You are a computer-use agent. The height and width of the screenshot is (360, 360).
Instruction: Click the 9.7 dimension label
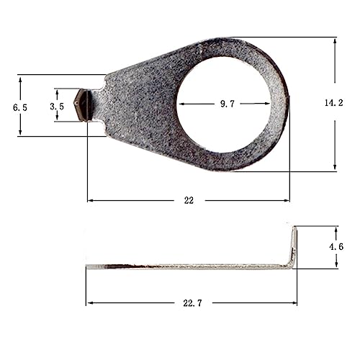click(228, 104)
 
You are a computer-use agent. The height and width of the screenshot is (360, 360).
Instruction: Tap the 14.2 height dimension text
click(334, 103)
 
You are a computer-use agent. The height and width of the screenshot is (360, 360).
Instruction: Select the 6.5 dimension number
click(20, 107)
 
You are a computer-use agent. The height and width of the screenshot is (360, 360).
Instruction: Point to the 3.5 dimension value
click(57, 107)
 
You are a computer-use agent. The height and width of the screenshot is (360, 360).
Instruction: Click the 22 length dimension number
click(189, 200)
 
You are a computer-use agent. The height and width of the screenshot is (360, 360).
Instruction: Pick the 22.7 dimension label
click(192, 303)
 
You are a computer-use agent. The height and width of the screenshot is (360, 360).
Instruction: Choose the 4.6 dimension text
click(336, 246)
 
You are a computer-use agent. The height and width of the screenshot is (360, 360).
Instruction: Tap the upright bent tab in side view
click(294, 247)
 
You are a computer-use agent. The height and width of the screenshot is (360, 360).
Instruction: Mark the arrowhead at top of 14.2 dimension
click(335, 41)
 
